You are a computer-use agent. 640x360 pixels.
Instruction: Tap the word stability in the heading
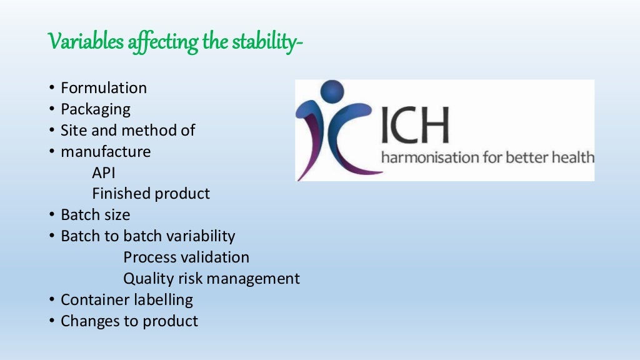[262, 42]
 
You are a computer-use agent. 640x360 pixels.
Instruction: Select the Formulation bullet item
[104, 88]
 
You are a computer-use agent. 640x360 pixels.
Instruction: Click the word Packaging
[96, 109]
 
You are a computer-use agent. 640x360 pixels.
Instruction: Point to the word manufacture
[106, 152]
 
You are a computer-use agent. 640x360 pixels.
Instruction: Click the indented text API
[104, 173]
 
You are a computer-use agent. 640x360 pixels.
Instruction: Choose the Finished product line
[151, 194]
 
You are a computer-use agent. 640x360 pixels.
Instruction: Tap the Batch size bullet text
[96, 215]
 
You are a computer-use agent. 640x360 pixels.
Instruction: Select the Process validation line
[186, 257]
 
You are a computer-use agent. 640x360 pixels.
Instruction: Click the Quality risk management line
[211, 279]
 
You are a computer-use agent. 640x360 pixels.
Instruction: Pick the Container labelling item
[127, 300]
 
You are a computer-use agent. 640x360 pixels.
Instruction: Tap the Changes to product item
[129, 321]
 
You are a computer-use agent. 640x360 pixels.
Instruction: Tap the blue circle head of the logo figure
[332, 91]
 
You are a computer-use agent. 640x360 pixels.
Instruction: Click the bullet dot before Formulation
[52, 89]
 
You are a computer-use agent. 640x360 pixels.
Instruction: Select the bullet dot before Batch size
[52, 216]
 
